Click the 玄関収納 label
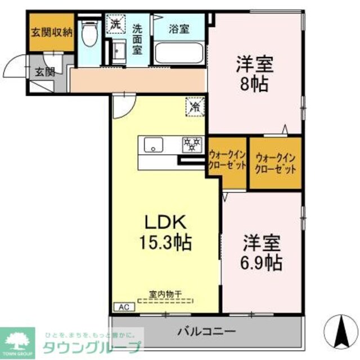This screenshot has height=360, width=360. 52,31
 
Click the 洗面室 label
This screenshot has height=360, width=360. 137,38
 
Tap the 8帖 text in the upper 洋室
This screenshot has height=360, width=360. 254,85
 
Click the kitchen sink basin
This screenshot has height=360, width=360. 153,145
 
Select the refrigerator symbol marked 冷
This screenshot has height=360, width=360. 195,105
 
